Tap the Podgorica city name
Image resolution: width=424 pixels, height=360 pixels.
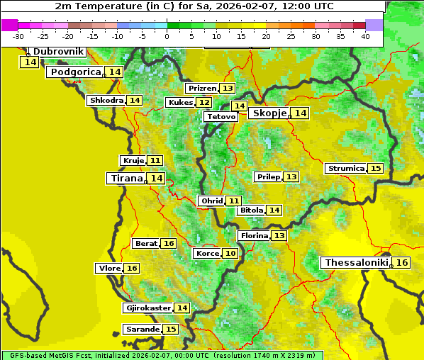pyautogui.click(x=75, y=72)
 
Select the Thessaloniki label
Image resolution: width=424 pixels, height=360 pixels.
pyautogui.click(x=356, y=263)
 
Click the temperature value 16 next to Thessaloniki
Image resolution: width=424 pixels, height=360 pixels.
pyautogui.click(x=402, y=263)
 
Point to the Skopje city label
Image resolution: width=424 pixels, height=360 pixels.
pyautogui.click(x=269, y=113)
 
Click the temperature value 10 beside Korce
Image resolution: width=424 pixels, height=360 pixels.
pyautogui.click(x=230, y=253)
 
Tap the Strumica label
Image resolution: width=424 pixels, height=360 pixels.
pyautogui.click(x=345, y=169)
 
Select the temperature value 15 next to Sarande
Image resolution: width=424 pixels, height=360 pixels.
pyautogui.click(x=170, y=330)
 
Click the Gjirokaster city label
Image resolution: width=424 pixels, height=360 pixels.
pyautogui.click(x=147, y=308)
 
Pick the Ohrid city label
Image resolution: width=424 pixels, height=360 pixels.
pyautogui.click(x=211, y=201)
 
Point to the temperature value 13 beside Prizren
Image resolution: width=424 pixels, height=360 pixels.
pyautogui.click(x=227, y=89)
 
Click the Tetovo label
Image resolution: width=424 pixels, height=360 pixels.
pyautogui.click(x=221, y=116)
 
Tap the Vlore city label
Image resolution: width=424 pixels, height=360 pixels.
pyautogui.click(x=108, y=268)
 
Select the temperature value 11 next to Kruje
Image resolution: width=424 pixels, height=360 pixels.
pyautogui.click(x=155, y=161)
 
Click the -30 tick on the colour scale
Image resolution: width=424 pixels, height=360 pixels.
pyautogui.click(x=19, y=36)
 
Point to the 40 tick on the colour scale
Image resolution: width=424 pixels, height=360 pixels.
pyautogui.click(x=365, y=36)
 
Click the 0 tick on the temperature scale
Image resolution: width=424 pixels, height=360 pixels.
pyautogui.click(x=167, y=36)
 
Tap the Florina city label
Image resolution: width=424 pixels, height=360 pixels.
pyautogui.click(x=254, y=235)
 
